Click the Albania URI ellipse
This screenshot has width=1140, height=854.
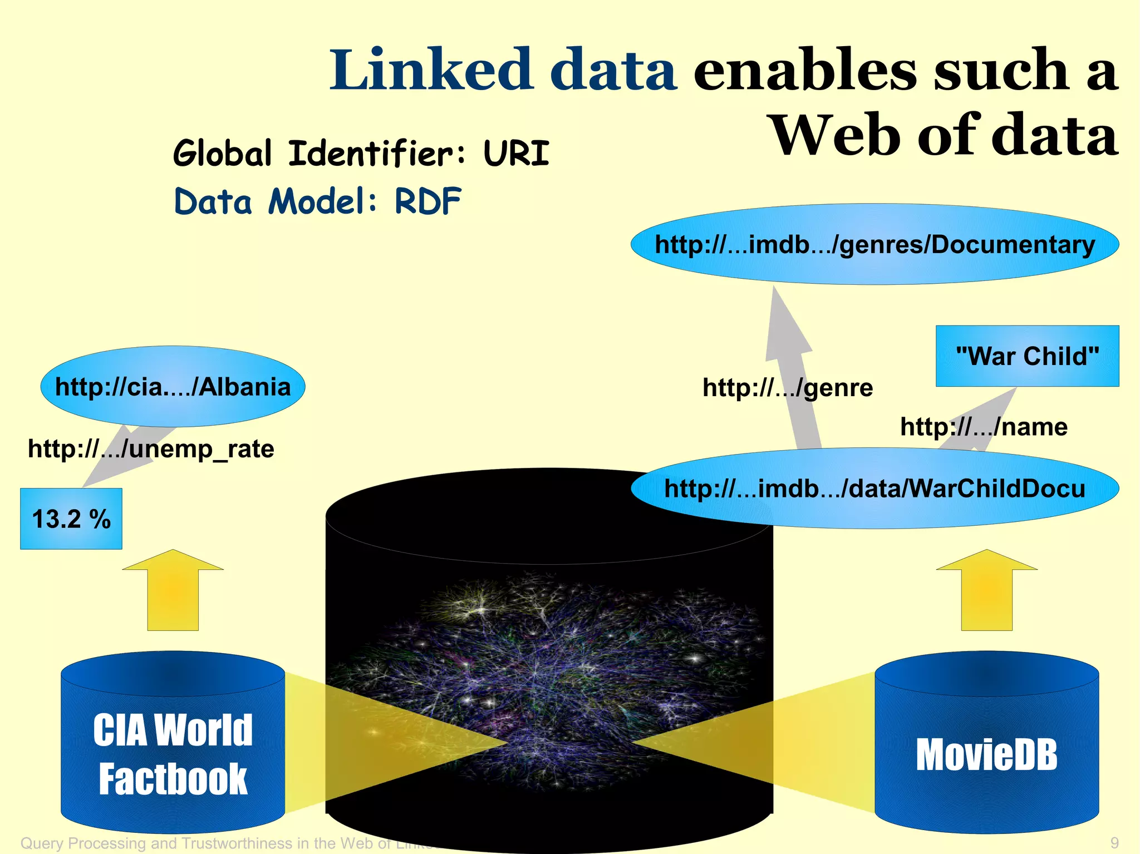pyautogui.click(x=173, y=387)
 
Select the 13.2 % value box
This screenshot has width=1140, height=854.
pyautogui.click(x=71, y=519)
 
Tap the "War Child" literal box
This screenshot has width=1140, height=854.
pyautogui.click(x=1027, y=356)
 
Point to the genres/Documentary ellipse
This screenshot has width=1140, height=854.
pyautogui.click(x=874, y=244)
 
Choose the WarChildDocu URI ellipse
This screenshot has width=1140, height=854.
pyautogui.click(x=874, y=488)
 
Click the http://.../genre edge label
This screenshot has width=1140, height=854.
pyautogui.click(x=787, y=387)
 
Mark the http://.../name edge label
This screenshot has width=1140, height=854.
pyautogui.click(x=984, y=427)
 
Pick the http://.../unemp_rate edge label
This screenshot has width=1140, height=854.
pyautogui.click(x=151, y=448)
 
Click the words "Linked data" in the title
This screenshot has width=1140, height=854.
pyautogui.click(x=503, y=71)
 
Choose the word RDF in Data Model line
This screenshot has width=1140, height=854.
pyautogui.click(x=428, y=201)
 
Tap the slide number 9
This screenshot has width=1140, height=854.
pyautogui.click(x=1114, y=842)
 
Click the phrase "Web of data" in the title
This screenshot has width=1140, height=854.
pyautogui.click(x=944, y=135)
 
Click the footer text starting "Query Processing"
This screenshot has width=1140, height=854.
pyautogui.click(x=223, y=843)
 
